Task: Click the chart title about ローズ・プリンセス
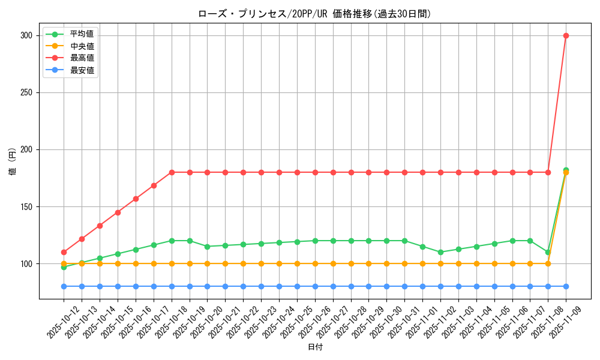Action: [314, 14]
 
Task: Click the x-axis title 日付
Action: [315, 347]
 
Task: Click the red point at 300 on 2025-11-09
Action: [566, 35]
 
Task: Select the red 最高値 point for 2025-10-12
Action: [64, 252]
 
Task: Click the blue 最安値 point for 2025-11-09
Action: [566, 286]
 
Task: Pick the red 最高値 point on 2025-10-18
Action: [172, 172]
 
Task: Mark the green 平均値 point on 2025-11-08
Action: [548, 252]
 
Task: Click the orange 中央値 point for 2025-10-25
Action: [297, 263]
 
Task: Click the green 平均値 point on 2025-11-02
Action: [440, 252]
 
